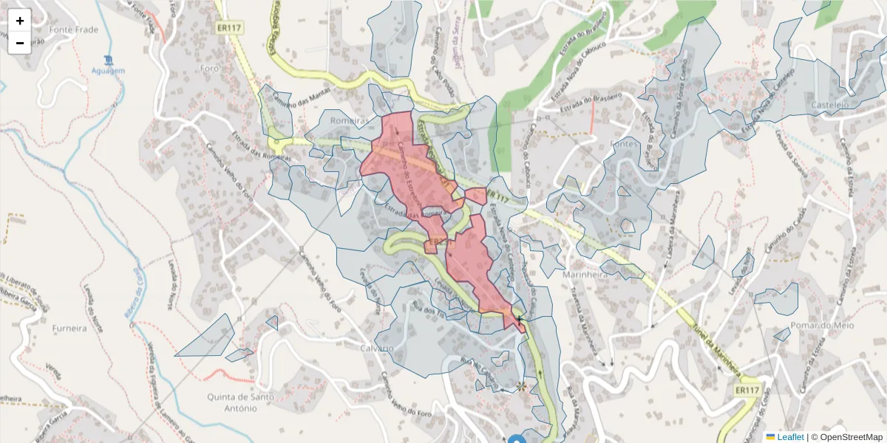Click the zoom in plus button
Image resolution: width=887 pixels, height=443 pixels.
click(20, 21)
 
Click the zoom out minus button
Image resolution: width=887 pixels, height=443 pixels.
click(20, 43)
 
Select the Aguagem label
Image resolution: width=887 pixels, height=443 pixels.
click(109, 70)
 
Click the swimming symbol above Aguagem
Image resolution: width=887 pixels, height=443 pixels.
click(109, 59)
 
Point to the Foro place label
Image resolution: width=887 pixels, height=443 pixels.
click(209, 69)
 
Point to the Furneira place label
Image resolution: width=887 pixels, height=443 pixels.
click(69, 328)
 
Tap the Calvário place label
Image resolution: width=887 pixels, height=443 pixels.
click(377, 348)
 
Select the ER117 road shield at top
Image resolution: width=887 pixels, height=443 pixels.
click(231, 28)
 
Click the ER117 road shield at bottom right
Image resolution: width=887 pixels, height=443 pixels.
click(748, 389)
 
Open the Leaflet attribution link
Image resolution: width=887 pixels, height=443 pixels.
click(789, 437)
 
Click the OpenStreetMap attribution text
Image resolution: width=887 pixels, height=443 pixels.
click(846, 437)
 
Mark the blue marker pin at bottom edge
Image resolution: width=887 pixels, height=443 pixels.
click(517, 439)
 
